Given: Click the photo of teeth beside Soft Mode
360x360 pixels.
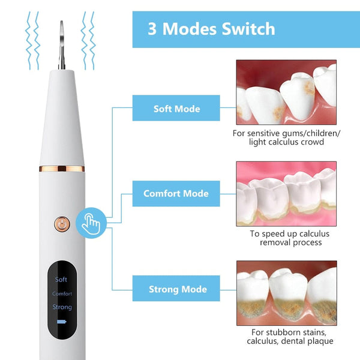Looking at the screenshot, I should [286, 92].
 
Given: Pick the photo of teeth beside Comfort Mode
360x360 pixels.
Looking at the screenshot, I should [286, 193].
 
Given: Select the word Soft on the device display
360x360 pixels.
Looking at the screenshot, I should [61, 280].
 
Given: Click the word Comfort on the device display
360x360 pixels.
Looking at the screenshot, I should [62, 294].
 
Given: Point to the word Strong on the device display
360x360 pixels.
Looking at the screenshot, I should [62, 308].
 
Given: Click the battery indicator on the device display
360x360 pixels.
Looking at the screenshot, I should [61, 322].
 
